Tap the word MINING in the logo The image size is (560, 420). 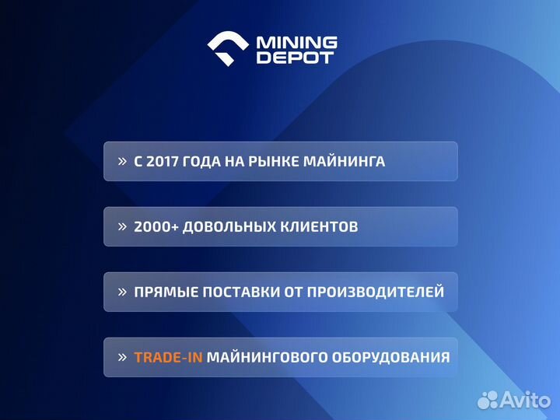point(296,42)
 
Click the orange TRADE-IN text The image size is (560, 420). point(168,358)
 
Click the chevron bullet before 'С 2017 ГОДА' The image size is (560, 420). point(122,162)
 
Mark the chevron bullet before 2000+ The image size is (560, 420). point(122,227)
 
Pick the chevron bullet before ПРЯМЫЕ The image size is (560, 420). point(122,292)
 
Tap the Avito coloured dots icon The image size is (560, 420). point(488,400)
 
